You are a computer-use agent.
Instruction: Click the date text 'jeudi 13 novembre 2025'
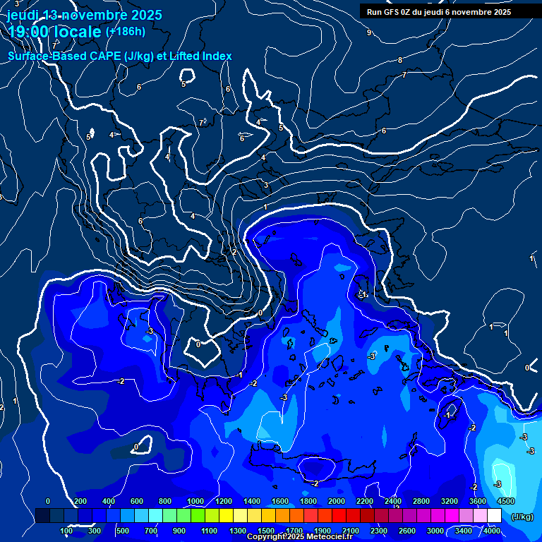85,15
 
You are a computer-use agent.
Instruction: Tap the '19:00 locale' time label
54,32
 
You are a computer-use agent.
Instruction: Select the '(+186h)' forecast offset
126,31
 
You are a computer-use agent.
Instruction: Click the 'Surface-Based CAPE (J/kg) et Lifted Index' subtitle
120,56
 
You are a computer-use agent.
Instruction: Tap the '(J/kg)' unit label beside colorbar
522,517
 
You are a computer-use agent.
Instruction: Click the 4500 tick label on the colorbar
505,501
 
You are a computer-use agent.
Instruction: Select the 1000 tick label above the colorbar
195,501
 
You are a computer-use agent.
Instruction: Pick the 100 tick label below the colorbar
66,531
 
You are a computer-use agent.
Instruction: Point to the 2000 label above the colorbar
337,501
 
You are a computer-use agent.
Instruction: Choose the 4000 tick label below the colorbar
492,531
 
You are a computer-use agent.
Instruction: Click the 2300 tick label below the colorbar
378,531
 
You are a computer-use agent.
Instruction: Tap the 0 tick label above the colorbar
48,501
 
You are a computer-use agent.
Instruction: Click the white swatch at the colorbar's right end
494,516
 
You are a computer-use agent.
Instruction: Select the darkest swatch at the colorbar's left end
42,516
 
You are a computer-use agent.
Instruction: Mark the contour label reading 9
368,32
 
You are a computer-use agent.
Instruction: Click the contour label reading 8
400,60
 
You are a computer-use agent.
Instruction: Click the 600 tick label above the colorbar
137,501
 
